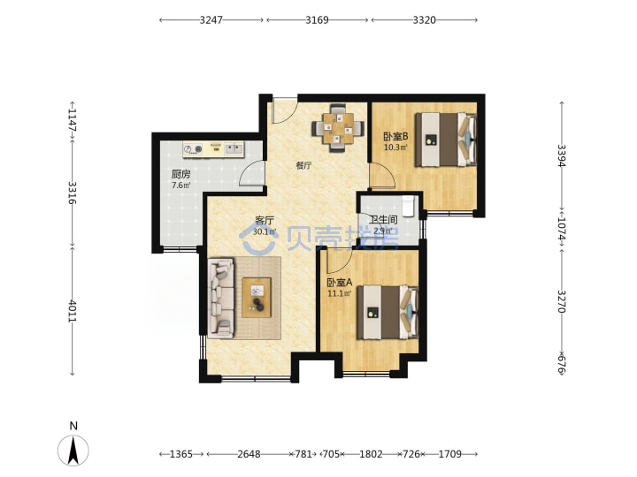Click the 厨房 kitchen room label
(180, 174)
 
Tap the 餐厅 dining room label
(303, 165)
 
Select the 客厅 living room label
(265, 221)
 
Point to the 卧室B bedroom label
(395, 136)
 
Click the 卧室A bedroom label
(340, 282)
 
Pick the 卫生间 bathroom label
(383, 220)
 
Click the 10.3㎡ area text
(395, 148)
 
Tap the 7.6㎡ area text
(180, 185)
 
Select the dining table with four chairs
(338, 128)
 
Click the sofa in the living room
(221, 299)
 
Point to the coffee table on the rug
(257, 298)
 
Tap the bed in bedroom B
(446, 140)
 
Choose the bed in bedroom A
(388, 313)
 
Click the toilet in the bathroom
(408, 205)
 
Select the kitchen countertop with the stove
(213, 149)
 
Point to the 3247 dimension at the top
(211, 19)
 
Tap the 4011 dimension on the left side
(72, 311)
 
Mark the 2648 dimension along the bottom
(249, 454)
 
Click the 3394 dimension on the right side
(562, 155)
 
